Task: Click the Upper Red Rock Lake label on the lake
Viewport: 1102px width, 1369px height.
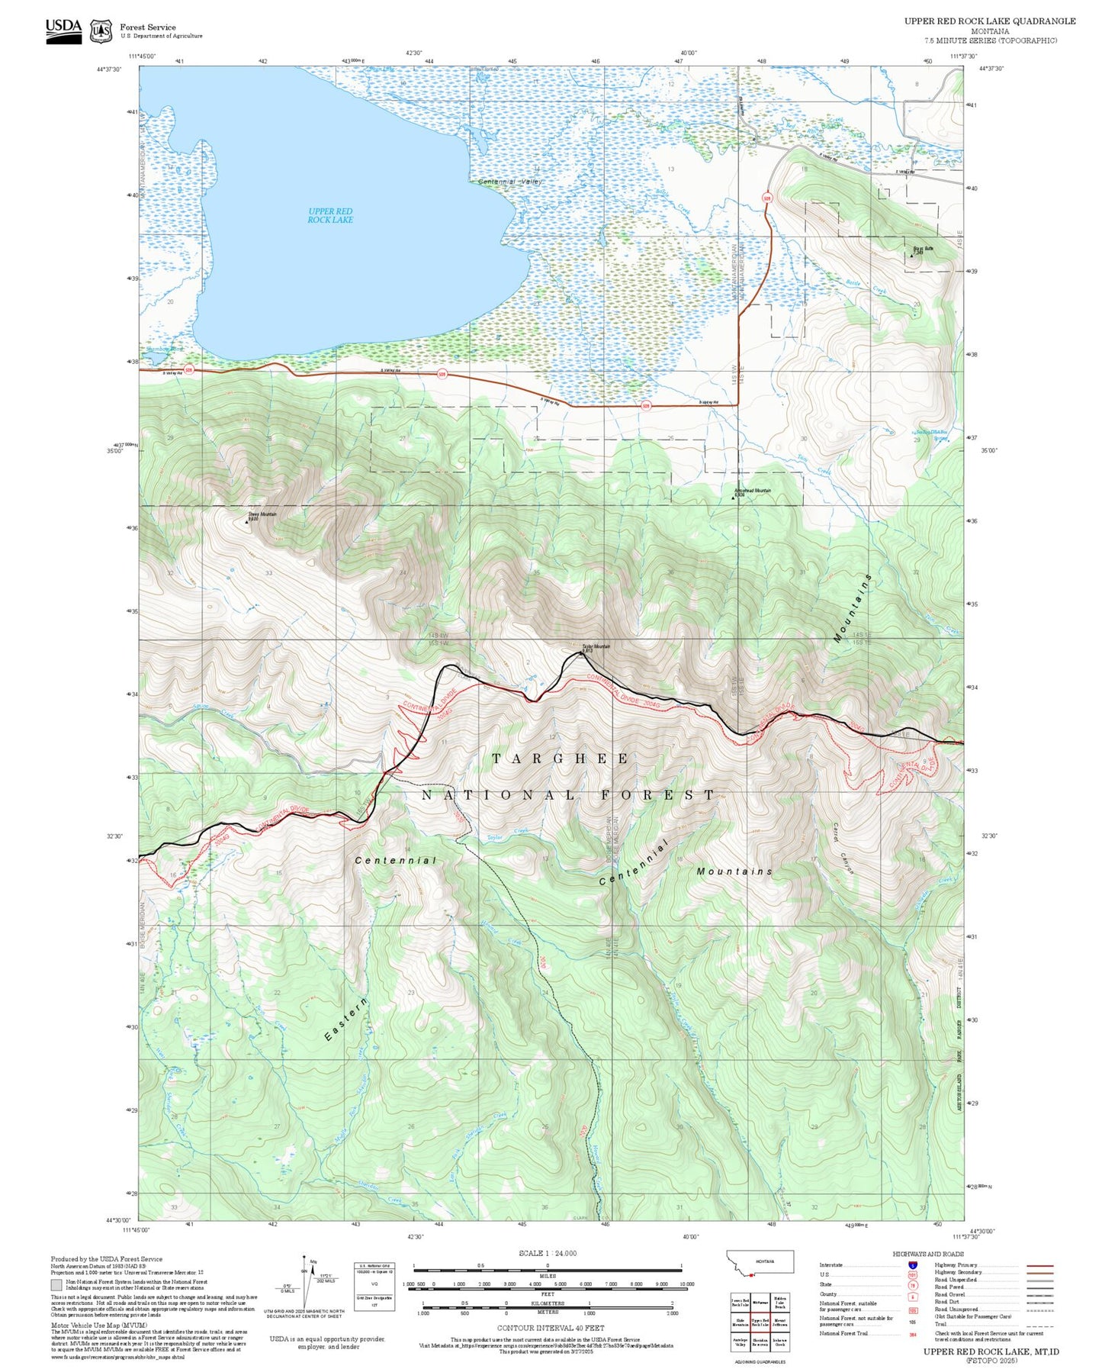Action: [330, 215]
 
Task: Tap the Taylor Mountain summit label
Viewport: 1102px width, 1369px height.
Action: [596, 647]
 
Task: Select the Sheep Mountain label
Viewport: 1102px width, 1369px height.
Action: [262, 515]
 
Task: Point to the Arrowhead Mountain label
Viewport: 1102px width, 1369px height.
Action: [752, 491]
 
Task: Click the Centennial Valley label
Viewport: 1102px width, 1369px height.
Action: [509, 182]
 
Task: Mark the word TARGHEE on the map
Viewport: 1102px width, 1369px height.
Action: [561, 759]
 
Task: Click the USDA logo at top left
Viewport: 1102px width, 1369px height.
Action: [63, 31]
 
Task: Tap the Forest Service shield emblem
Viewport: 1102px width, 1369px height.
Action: [101, 31]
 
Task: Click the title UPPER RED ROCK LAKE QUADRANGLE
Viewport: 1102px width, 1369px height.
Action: [990, 21]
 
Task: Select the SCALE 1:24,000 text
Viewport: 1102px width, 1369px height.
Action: [548, 1253]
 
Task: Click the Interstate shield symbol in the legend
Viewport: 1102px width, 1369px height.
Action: [912, 1265]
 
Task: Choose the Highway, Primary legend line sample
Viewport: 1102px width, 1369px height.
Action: [1039, 1265]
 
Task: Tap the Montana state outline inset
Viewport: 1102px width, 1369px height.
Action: [760, 1261]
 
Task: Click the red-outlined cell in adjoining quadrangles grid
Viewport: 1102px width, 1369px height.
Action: [760, 1322]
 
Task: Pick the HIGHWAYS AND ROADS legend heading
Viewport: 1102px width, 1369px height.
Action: [928, 1254]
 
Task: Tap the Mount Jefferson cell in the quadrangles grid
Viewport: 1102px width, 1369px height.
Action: [779, 1322]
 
